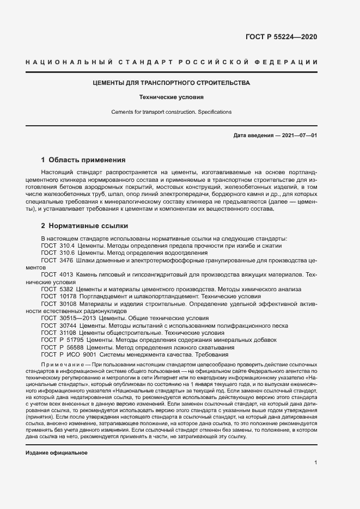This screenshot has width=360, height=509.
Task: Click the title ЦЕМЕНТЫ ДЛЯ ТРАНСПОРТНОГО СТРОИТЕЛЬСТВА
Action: [170, 83]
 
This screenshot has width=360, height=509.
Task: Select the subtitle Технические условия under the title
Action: [170, 98]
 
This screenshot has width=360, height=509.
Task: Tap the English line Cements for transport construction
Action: [171, 112]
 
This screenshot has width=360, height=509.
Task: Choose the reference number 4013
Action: [66, 276]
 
